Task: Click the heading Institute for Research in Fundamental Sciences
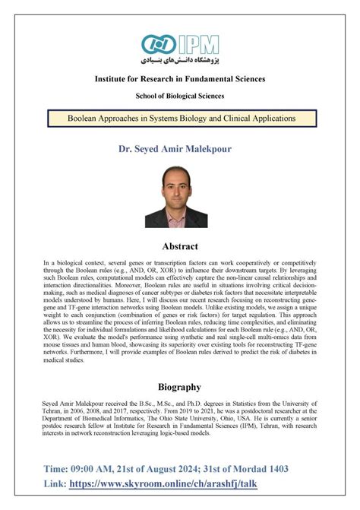179,79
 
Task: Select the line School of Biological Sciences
179,96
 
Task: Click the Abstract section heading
180,245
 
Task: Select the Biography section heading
180,386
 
